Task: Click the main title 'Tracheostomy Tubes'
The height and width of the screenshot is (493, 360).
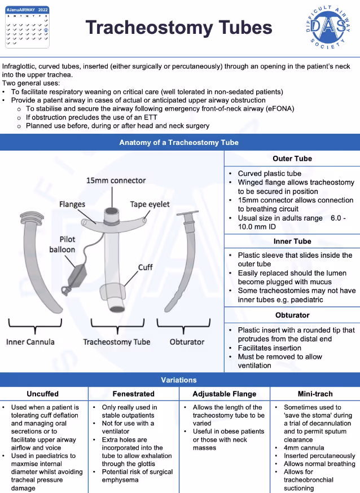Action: pos(179,27)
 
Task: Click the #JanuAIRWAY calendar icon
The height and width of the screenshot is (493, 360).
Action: pos(27,26)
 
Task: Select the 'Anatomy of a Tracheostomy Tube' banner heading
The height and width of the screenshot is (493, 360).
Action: pos(179,143)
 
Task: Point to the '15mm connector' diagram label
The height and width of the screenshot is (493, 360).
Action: pos(116,181)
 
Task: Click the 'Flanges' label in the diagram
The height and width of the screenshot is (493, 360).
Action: pos(72,204)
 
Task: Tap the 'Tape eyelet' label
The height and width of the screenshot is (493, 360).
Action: pos(150,204)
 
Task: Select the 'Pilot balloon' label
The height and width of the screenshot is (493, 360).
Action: pos(63,244)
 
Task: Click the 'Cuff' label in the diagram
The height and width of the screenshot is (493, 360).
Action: pos(146,267)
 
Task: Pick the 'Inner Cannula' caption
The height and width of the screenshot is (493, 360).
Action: pos(30,342)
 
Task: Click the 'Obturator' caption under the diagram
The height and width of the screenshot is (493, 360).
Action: pos(187,342)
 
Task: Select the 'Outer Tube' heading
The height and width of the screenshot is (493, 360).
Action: pos(292,159)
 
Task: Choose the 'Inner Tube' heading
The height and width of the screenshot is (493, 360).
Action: pos(292,241)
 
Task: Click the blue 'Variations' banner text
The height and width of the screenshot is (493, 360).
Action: pos(179,380)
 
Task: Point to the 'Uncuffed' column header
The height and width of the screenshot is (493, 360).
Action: pos(43,394)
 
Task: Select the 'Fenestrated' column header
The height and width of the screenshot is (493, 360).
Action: pos(133,394)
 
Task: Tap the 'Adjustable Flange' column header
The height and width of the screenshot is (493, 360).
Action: pos(225,394)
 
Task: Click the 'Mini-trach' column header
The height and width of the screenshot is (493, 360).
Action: pos(315,394)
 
